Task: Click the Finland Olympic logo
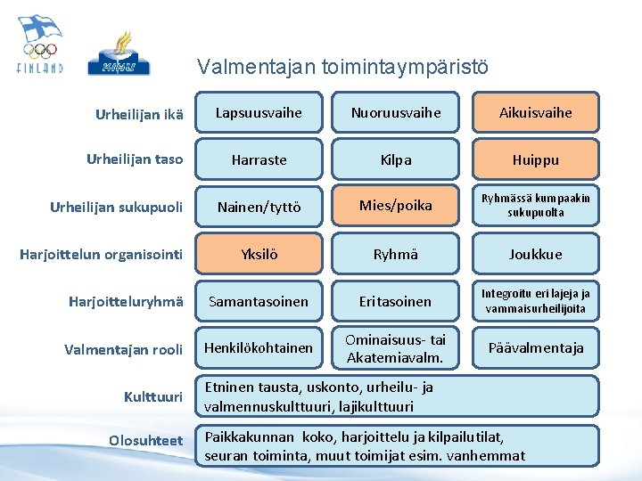coord(40,45)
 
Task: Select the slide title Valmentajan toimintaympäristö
coord(342,67)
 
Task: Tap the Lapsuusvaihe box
coord(259,113)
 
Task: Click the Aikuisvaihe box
coord(535,113)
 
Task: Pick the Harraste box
coord(259,159)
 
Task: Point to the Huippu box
coord(535,159)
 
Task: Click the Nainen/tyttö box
coord(259,207)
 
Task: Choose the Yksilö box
coord(259,254)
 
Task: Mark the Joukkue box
coord(535,254)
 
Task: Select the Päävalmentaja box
coord(535,347)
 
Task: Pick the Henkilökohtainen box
coord(259,347)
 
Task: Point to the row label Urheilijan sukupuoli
coord(116,207)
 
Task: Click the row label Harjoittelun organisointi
coord(101,255)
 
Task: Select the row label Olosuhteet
coord(145,440)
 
